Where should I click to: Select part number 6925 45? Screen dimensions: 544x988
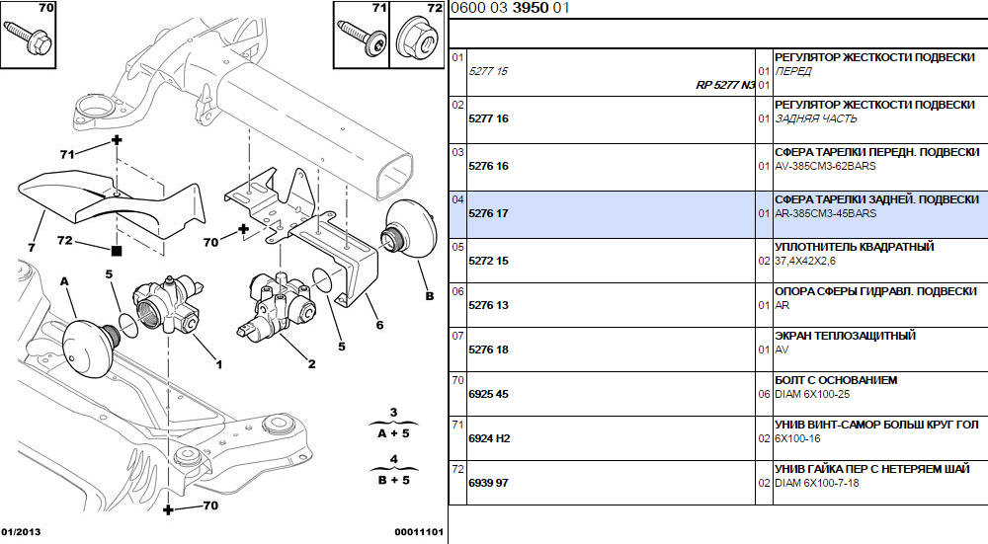point(488,394)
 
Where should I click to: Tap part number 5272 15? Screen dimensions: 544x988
point(488,261)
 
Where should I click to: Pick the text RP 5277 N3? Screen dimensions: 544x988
point(725,86)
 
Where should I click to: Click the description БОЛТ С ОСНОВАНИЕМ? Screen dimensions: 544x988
point(835,380)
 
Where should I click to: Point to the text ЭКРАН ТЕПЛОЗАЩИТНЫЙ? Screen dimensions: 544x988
point(844,336)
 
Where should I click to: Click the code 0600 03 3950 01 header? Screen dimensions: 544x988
point(510,8)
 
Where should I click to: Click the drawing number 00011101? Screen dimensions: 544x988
point(418,532)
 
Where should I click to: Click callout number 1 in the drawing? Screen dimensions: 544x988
point(218,364)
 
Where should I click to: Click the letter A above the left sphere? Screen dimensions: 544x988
point(66,280)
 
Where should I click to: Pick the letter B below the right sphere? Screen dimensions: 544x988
point(429,295)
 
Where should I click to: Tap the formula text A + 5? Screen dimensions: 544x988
point(392,433)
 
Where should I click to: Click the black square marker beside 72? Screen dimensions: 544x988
point(117,250)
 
